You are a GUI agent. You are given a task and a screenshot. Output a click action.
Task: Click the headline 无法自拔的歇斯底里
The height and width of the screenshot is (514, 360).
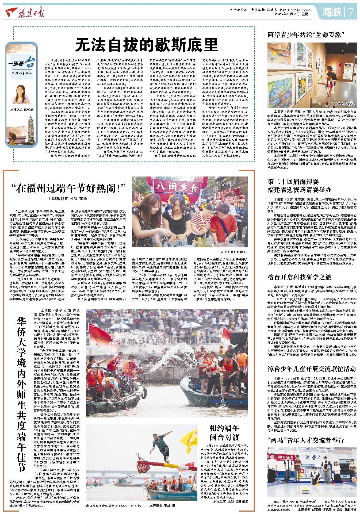pyautogui.click(x=146, y=45)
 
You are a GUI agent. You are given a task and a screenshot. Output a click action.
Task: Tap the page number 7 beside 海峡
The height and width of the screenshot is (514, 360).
pyautogui.click(x=350, y=12)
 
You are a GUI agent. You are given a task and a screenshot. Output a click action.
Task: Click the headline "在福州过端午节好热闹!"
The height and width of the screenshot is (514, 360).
pyautogui.click(x=68, y=188)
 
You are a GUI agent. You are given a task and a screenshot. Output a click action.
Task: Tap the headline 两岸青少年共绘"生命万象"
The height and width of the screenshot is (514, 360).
pyautogui.click(x=306, y=34)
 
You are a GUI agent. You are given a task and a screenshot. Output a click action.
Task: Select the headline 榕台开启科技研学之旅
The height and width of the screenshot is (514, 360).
pyautogui.click(x=299, y=277)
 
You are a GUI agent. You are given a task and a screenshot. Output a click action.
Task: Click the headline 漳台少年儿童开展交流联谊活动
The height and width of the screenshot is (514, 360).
pyautogui.click(x=312, y=369)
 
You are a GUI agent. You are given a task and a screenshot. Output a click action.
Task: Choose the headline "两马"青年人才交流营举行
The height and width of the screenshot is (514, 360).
pyautogui.click(x=306, y=440)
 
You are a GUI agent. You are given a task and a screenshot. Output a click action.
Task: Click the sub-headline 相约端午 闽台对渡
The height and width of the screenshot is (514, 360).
pyautogui.click(x=224, y=433)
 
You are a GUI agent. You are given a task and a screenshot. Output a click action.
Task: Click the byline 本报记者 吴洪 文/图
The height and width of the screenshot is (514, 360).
pyautogui.click(x=68, y=198)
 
